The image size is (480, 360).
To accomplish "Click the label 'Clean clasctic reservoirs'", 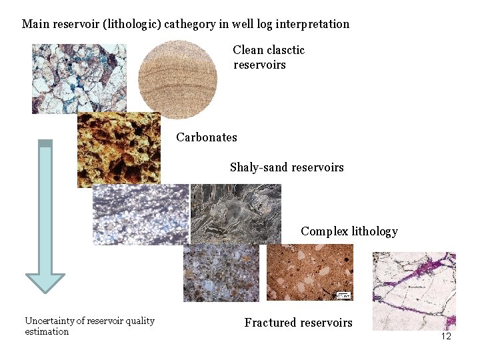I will [x=269, y=57].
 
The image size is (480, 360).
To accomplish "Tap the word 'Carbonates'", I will [x=207, y=137].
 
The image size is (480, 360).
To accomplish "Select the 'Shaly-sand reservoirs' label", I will [x=287, y=167].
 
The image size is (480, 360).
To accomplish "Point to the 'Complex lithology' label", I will [x=349, y=231].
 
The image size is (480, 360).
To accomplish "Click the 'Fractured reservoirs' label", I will [x=298, y=323].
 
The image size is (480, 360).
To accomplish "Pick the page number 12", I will [x=446, y=336].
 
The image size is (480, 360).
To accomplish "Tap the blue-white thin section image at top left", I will [x=79, y=79].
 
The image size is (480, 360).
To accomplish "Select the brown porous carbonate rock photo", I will [x=119, y=149].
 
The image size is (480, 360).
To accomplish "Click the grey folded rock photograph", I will [x=235, y=213].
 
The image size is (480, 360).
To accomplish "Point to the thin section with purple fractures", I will [x=413, y=291].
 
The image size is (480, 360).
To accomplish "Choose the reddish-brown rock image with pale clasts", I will [x=309, y=272].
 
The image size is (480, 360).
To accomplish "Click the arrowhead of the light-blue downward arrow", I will [x=45, y=283].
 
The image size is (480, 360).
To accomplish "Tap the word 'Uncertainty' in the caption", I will [x=49, y=321].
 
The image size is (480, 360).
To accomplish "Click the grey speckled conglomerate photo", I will [x=221, y=272].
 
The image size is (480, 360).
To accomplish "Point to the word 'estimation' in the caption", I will [x=47, y=331].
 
